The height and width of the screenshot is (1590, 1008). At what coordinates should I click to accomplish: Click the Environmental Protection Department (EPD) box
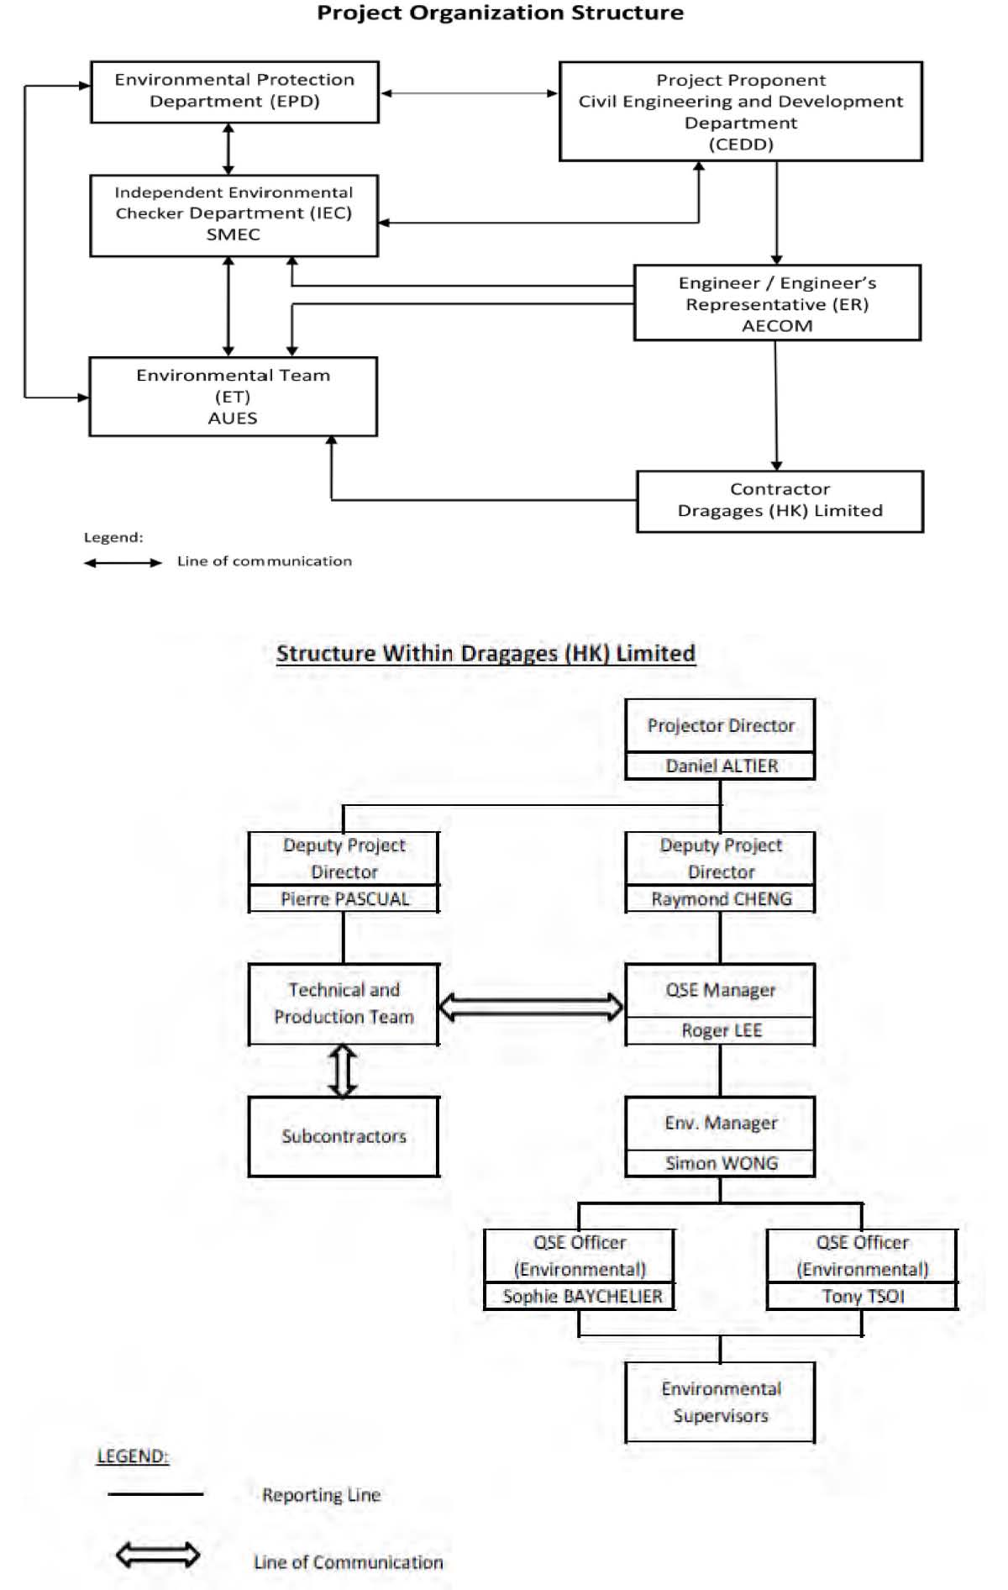click(234, 92)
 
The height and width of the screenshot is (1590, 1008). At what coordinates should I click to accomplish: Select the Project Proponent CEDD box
click(741, 111)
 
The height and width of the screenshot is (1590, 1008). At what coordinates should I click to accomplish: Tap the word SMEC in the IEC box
click(234, 234)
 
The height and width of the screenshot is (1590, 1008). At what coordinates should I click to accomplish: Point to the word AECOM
click(777, 326)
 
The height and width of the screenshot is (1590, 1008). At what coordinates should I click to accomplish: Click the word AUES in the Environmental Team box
click(233, 418)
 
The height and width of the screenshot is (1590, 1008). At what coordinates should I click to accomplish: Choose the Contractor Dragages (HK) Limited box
click(780, 501)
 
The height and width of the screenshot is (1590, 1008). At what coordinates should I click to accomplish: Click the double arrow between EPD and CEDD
click(470, 93)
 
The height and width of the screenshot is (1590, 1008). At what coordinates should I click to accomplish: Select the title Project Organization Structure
click(500, 13)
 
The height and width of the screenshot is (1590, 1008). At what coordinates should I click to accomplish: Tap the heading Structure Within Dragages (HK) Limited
click(486, 653)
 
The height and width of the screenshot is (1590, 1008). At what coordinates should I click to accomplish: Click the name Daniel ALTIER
click(722, 766)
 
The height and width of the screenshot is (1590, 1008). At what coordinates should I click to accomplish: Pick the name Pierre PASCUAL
click(344, 898)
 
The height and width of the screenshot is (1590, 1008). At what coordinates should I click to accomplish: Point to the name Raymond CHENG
click(722, 898)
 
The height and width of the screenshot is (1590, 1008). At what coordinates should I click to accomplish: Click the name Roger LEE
click(722, 1030)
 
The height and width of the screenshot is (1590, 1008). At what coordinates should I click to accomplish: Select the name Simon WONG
click(722, 1163)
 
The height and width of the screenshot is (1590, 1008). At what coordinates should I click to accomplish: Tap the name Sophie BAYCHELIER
click(582, 1296)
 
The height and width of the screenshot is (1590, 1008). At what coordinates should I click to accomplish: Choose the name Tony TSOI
click(864, 1296)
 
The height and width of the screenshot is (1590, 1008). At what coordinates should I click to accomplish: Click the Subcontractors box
click(344, 1136)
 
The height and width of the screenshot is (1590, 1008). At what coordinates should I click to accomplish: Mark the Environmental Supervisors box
click(721, 1402)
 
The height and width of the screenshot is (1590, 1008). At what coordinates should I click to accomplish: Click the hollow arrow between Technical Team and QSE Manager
click(532, 1006)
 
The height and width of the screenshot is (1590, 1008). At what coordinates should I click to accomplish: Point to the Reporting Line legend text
click(321, 1495)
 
